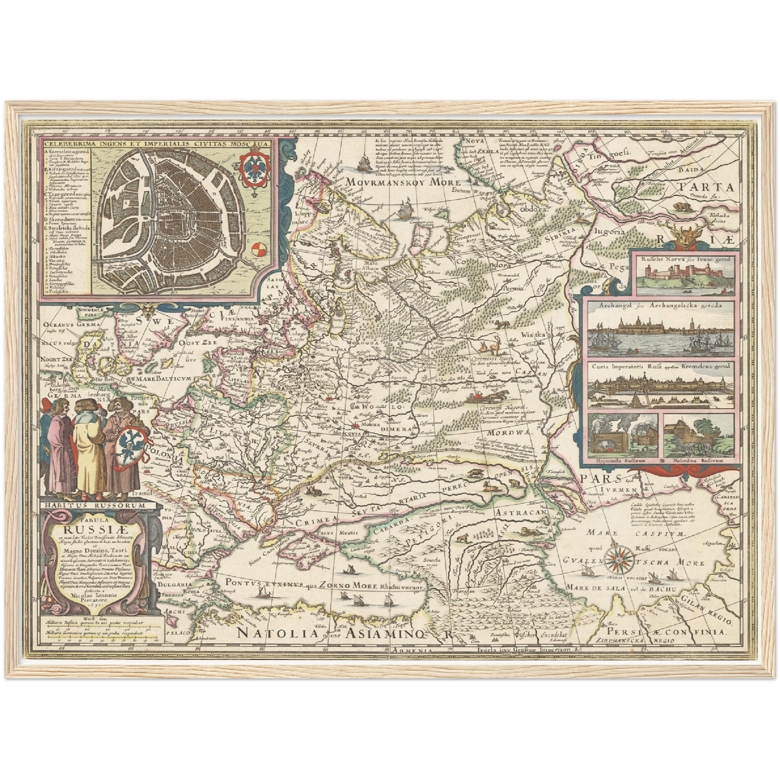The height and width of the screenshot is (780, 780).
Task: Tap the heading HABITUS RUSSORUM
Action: click(96, 505)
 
